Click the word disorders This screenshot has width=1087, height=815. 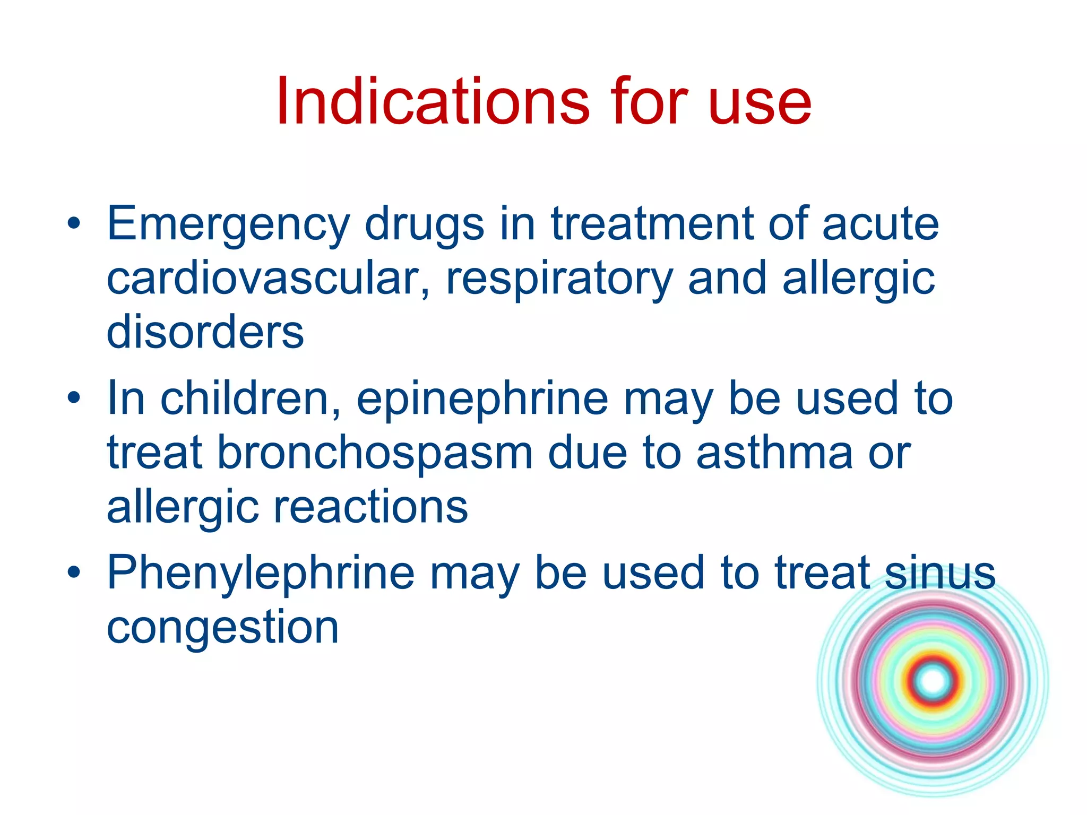tap(205, 332)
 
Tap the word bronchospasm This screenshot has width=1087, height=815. tap(375, 454)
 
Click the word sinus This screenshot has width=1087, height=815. tap(940, 573)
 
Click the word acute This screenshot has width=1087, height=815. tap(881, 225)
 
